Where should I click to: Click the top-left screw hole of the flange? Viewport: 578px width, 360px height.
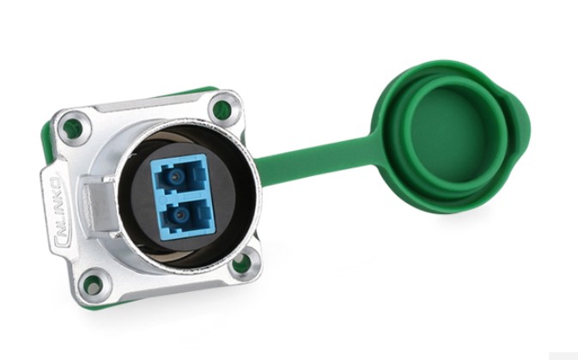[73, 128]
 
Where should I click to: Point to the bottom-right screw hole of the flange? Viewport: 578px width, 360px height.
[242, 264]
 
